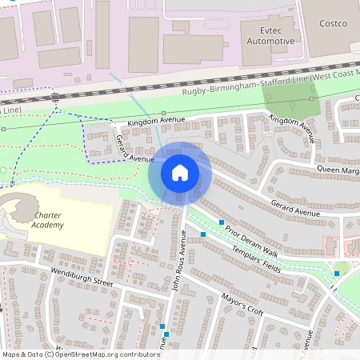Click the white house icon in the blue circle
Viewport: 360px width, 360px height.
(180, 172)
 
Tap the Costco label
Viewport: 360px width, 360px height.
(332, 24)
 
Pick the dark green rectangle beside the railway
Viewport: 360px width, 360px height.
(291, 101)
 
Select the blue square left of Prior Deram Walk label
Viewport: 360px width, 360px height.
(203, 234)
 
